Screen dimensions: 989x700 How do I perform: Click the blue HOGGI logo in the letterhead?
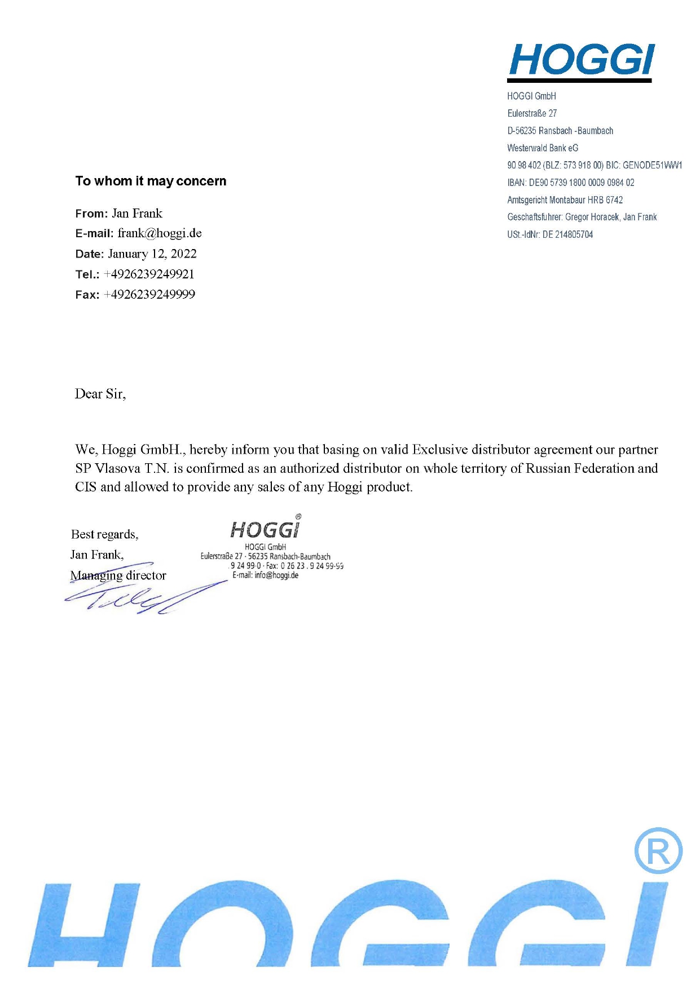coord(582,60)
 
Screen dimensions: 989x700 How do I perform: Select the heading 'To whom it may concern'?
coord(151,181)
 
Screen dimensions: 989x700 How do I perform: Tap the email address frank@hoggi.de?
coord(160,233)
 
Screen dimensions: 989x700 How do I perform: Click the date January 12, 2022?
coord(152,254)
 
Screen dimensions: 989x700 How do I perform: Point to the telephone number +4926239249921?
coord(149,274)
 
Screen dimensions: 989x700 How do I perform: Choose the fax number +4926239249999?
coord(149,295)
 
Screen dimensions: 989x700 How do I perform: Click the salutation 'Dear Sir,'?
coord(100,394)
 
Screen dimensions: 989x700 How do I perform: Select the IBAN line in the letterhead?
coord(571,183)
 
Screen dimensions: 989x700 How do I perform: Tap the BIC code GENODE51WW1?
coord(652,165)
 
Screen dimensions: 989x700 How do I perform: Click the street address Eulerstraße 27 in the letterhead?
coord(532,113)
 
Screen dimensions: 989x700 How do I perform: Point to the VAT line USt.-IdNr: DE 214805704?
coord(550,234)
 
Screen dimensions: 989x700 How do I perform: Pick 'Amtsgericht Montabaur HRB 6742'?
coord(565,200)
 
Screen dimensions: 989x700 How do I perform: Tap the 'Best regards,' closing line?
coord(105,534)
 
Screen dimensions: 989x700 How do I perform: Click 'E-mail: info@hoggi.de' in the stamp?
coord(265,575)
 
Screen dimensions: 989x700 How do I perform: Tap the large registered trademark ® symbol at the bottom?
coord(658,850)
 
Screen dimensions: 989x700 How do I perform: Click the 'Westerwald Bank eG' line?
coord(543,148)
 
